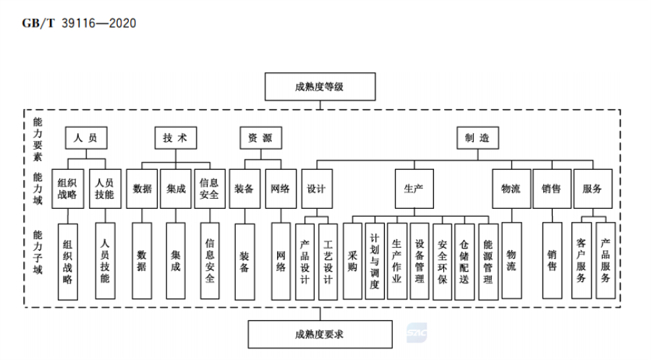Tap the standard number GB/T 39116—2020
pos(70,23)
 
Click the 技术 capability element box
pos(175,137)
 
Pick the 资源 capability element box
pos(260,137)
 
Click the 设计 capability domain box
pos(316,189)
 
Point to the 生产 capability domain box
pos(413,189)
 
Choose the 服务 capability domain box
pos(592,189)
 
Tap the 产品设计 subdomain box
pos(304,260)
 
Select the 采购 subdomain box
pos(352,260)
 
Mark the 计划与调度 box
pos(374,260)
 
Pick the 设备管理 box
pos(420,260)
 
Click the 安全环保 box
pos(442,260)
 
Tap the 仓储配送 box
pos(464,260)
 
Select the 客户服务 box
pos(581,260)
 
